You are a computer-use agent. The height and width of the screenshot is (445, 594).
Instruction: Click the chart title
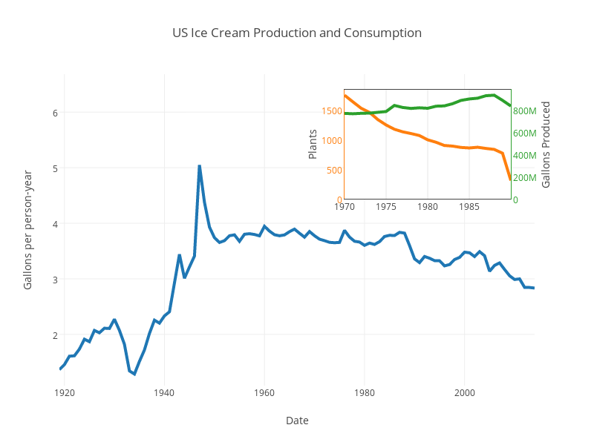(297, 33)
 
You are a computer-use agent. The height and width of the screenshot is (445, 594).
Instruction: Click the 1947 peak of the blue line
(199, 166)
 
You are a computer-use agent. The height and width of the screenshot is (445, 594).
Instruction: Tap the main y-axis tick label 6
(54, 113)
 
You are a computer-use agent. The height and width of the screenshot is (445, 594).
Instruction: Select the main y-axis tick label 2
(54, 335)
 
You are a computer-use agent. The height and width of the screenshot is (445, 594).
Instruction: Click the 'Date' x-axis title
(297, 421)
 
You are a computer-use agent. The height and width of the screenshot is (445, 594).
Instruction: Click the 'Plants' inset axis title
(313, 144)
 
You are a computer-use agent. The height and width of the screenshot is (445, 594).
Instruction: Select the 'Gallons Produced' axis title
(546, 144)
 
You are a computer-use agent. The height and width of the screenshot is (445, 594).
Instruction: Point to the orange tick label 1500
(332, 111)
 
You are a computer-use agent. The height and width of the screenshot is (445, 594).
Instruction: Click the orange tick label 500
(334, 170)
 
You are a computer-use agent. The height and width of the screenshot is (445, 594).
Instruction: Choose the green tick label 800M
(524, 111)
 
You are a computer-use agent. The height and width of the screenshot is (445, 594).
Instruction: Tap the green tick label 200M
(524, 178)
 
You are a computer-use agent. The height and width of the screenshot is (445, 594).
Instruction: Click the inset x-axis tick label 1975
(386, 207)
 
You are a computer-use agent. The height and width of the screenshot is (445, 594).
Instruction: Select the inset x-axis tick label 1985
(469, 207)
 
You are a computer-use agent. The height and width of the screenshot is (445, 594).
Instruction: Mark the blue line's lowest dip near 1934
(134, 373)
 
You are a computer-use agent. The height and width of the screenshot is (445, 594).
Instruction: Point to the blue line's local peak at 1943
(179, 255)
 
